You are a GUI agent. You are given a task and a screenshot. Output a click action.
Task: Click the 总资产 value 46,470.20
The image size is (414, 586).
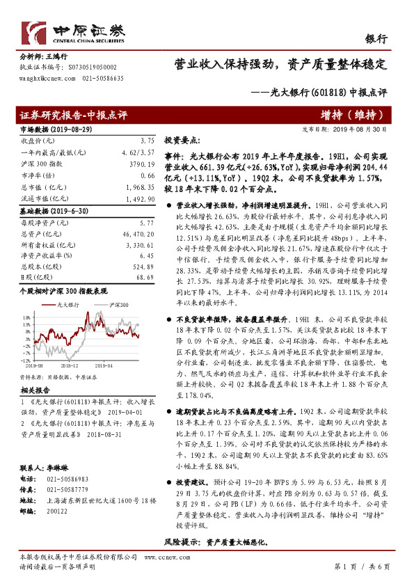[137, 234]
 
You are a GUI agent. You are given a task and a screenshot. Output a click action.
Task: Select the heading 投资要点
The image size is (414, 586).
[182, 139]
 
